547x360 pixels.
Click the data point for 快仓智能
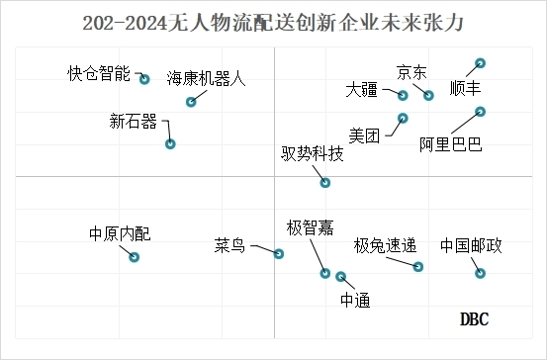tap(144, 79)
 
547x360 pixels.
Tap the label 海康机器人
tap(206, 78)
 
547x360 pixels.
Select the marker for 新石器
tap(170, 143)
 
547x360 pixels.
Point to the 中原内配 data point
tap(135, 257)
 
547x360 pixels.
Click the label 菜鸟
tap(229, 245)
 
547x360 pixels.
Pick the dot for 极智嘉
tap(324, 274)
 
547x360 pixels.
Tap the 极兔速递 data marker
tap(418, 267)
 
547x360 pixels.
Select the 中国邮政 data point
tap(482, 273)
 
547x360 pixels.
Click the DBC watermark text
tap(475, 318)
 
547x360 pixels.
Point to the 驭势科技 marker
tap(325, 182)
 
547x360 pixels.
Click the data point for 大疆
tap(404, 96)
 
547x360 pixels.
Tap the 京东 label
tap(411, 71)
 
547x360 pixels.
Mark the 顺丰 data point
tap(481, 63)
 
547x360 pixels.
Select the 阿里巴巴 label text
tap(450, 145)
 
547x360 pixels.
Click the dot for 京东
tap(429, 96)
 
